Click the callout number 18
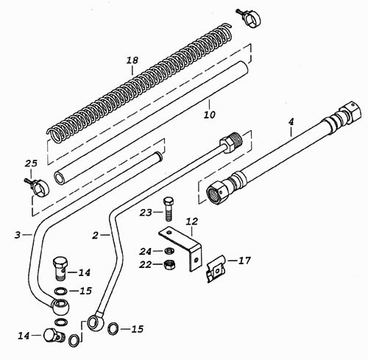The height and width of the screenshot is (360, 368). pos(132,60)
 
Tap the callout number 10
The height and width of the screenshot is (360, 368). pos(210,114)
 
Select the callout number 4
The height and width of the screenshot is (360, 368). pos(291,122)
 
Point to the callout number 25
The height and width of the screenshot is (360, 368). pos(31,163)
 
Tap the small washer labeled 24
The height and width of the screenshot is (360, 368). pos(168,251)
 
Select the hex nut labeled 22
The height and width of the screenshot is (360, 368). pos(168,264)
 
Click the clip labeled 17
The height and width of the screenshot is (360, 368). pos(216,269)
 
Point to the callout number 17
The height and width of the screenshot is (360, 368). pos(244,261)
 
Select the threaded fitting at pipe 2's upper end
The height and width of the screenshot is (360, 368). pos(230,141)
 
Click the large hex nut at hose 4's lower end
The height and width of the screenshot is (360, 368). pos(217,191)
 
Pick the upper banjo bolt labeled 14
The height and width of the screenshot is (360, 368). pos(60,268)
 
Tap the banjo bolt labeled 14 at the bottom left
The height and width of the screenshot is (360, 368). pos(54,335)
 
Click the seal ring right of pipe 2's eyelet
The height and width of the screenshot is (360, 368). pos(113,328)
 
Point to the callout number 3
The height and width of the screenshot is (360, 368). pos(17,235)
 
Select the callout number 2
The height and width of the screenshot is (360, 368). pos(95,236)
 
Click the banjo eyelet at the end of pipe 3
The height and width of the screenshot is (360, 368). pos(60,306)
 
